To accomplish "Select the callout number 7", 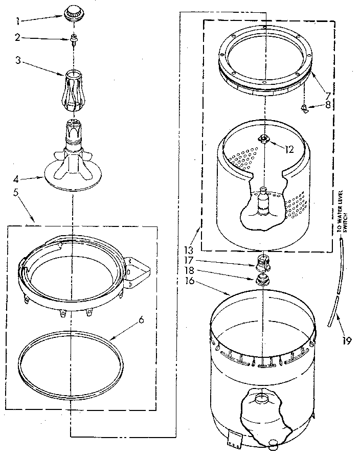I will (x=326, y=96).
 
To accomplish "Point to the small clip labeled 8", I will (x=305, y=107).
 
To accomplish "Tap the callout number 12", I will (x=289, y=149).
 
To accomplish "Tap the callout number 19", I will (x=347, y=341).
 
